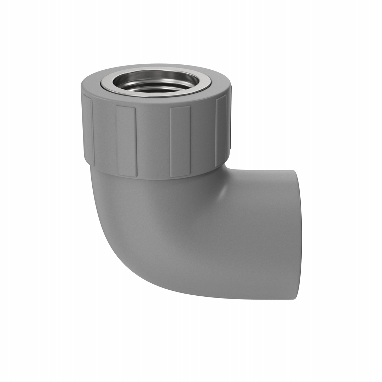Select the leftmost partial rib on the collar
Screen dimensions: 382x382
click(x=88, y=131)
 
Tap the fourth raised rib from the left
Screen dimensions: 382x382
click(x=221, y=131)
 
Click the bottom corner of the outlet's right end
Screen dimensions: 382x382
click(x=294, y=299)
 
